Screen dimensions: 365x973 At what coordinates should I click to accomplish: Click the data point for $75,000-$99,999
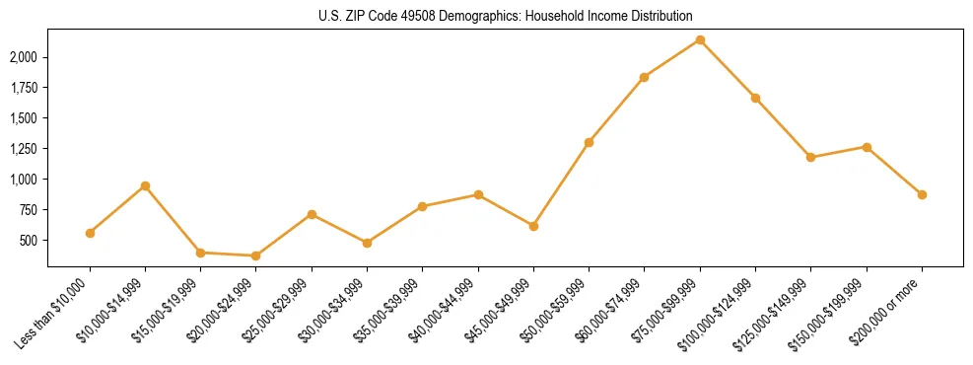pos(700,39)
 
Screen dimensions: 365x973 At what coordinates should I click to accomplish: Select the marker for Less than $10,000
pos(90,233)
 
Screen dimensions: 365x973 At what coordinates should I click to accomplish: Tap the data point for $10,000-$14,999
pos(145,185)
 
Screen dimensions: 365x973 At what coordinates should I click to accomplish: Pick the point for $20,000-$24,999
pos(256,255)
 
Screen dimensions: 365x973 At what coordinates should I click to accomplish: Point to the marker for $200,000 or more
pos(922,194)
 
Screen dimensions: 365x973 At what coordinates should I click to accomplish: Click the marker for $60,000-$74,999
pos(644,77)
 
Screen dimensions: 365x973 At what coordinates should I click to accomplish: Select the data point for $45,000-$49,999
pos(533,226)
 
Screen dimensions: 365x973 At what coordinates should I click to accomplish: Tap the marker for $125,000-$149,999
pos(810,157)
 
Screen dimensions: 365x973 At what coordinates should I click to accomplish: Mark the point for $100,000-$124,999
pos(755,98)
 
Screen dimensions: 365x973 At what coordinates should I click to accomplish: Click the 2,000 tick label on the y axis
pos(24,57)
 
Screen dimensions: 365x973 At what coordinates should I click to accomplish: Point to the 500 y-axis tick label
pos(30,241)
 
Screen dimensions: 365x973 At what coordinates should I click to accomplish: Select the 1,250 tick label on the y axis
pos(24,149)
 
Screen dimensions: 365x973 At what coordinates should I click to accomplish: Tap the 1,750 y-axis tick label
pos(24,88)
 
